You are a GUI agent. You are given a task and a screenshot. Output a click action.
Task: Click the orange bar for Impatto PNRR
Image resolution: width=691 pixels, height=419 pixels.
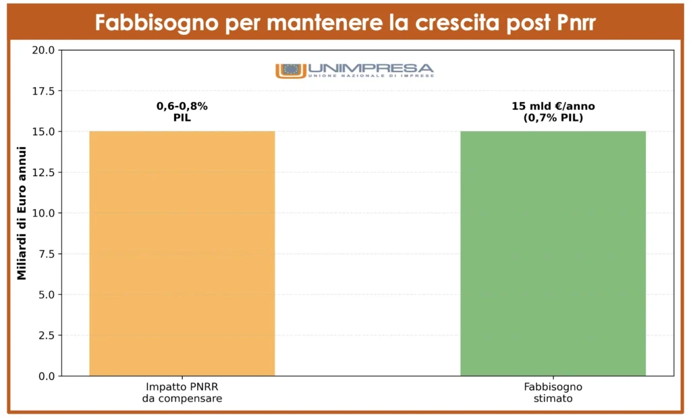182,253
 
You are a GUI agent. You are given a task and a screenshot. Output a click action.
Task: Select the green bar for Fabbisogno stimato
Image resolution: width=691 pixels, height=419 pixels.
553,253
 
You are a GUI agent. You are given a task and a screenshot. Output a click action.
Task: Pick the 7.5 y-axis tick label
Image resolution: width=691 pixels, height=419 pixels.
46,254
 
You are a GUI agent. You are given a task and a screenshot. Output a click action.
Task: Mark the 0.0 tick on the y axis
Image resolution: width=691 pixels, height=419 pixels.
46,376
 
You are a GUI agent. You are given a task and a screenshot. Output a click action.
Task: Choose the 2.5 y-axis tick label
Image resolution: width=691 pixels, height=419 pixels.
46,335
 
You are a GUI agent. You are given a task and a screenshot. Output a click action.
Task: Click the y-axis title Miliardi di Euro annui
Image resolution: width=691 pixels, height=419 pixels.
21,213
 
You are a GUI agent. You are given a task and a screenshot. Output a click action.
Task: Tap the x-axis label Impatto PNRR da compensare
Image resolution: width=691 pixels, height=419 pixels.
182,393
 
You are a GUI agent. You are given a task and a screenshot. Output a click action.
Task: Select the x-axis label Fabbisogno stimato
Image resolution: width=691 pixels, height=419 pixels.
553,393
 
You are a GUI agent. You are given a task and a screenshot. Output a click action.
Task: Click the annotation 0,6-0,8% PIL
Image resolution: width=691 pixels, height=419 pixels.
182,112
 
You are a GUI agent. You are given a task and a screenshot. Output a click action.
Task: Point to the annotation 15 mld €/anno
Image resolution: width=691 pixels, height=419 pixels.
553,106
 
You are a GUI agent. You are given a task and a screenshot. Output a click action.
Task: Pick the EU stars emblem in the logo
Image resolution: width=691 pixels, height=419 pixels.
292,69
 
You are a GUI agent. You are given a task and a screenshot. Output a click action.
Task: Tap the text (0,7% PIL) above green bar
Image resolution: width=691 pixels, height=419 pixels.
553,118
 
